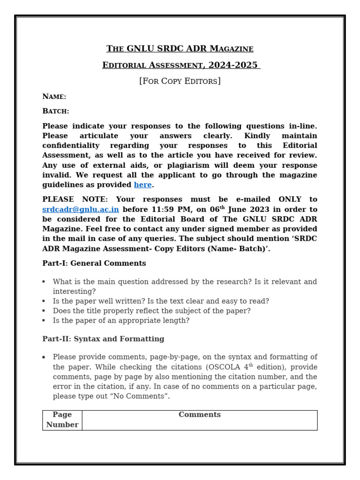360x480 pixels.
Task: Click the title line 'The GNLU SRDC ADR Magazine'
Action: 180,49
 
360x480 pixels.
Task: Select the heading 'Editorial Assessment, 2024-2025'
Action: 180,65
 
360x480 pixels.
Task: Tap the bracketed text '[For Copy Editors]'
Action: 180,81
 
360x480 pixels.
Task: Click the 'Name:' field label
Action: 54,97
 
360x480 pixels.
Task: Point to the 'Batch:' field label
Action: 56,111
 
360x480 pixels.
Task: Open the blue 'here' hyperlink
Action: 142,185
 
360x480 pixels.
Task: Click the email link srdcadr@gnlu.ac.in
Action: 81,209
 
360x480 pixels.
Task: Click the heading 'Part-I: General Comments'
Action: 94,263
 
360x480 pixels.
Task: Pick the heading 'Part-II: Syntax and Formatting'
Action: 103,339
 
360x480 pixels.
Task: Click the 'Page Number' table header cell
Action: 62,420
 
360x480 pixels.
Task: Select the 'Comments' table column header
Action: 199,415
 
